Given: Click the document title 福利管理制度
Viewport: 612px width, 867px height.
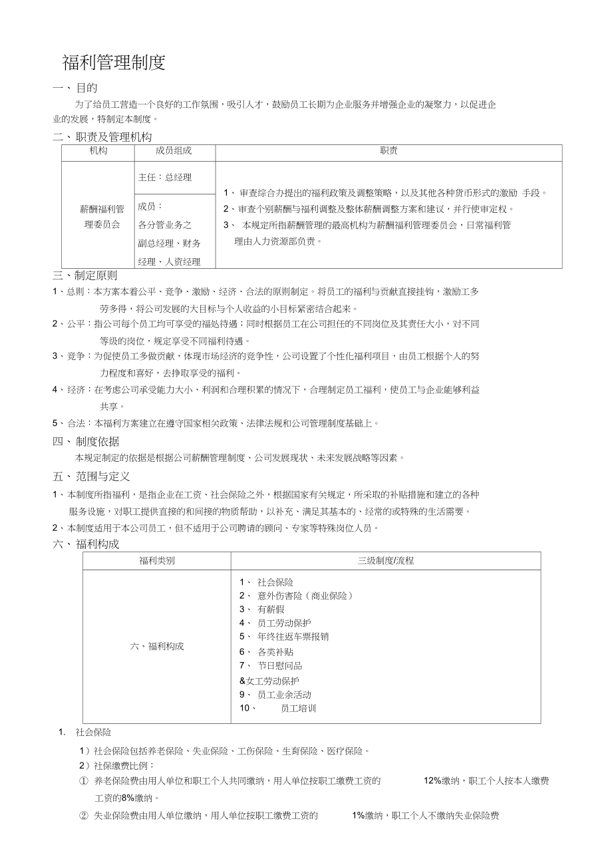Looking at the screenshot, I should (113, 63).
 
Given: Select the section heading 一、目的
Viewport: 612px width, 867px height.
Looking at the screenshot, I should (75, 88).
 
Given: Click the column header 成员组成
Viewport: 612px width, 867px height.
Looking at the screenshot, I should (174, 151).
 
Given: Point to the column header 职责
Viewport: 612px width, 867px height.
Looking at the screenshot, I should (388, 151).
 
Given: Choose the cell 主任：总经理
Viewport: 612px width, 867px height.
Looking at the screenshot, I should (165, 178).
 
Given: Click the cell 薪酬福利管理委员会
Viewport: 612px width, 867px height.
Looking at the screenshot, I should (102, 217).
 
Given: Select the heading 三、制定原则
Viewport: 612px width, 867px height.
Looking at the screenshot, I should (84, 275).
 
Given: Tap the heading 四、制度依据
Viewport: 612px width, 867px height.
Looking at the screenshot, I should (86, 441).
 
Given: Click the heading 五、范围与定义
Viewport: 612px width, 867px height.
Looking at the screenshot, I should (91, 476).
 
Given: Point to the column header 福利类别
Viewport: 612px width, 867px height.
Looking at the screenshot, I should (157, 561).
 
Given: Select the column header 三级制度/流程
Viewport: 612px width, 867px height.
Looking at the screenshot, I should (386, 561).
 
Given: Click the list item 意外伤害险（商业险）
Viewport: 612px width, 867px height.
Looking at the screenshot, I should (304, 596).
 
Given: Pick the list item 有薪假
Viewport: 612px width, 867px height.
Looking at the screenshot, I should (271, 609).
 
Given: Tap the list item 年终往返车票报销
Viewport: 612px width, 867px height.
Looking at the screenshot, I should (293, 637).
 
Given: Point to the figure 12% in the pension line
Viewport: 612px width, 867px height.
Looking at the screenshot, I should (432, 781).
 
